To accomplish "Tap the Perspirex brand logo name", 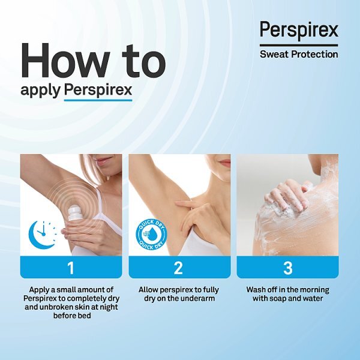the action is pos(299,30).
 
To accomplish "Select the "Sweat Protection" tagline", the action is pos(299,55).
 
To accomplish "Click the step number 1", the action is pos(71,268).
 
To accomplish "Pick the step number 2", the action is pos(178,268).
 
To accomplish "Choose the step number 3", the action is pos(287,268).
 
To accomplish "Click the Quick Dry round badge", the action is pos(151,235).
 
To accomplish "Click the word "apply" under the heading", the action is pos(40,90).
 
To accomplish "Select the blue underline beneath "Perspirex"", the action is pos(98,100).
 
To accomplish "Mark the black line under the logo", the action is pos(299,46).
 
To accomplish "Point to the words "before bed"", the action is pos(72,316).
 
